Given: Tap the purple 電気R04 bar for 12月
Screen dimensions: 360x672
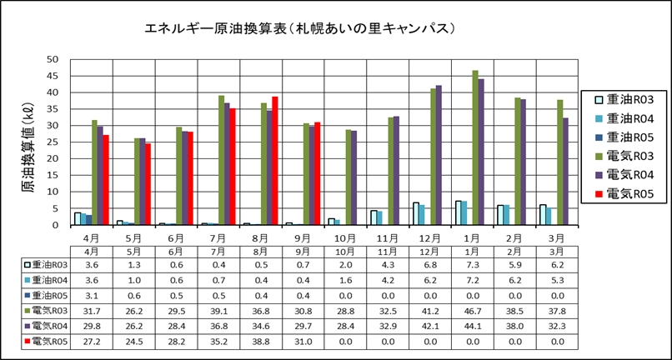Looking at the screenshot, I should pyautogui.click(x=439, y=155).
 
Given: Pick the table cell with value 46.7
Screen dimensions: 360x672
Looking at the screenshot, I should pyautogui.click(x=472, y=309).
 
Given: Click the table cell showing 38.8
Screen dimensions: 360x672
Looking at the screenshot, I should pyautogui.click(x=260, y=341).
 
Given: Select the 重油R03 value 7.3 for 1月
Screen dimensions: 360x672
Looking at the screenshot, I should pyautogui.click(x=472, y=262).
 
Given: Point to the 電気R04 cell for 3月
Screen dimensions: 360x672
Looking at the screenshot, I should pyautogui.click(x=557, y=325).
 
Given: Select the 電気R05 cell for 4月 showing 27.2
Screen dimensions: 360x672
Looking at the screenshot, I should pyautogui.click(x=91, y=341).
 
